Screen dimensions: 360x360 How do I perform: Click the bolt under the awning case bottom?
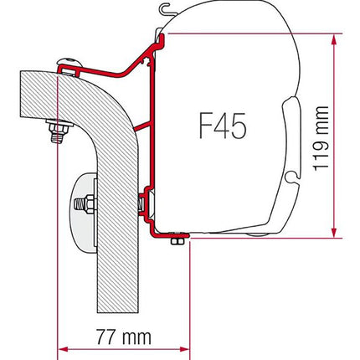point(176,242)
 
